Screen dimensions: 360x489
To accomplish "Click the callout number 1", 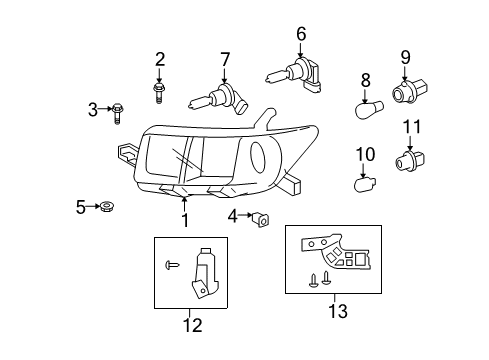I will [x=184, y=220].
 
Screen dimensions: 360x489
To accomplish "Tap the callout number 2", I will [x=159, y=59].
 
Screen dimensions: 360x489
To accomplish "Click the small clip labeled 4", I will [x=263, y=216].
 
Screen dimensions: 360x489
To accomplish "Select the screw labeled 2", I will [x=159, y=92].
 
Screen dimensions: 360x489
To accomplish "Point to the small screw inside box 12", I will [x=173, y=266].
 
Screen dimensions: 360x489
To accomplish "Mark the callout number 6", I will [x=300, y=36].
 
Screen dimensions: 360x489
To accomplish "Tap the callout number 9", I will [x=406, y=56].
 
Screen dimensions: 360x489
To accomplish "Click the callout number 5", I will [x=81, y=207].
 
